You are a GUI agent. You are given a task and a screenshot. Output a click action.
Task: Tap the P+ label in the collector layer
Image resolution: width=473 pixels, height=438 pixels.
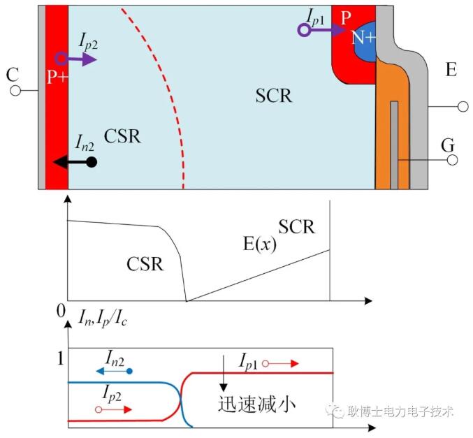(57, 77)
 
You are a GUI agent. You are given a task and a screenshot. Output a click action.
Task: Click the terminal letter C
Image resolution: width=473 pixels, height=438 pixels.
(10, 73)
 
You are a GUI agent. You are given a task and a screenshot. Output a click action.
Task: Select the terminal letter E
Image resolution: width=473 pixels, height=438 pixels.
(451, 69)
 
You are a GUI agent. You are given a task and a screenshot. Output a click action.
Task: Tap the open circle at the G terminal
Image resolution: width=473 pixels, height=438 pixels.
(452, 160)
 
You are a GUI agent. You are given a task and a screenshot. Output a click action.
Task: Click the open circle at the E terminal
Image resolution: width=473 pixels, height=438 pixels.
(461, 107)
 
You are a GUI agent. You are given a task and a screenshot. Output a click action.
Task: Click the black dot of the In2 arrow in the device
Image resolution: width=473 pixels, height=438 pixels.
(91, 162)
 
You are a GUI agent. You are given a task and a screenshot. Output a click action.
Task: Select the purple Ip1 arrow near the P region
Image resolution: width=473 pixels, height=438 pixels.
(323, 30)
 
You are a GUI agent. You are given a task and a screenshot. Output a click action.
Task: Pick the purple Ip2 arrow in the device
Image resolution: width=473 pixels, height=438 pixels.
(78, 59)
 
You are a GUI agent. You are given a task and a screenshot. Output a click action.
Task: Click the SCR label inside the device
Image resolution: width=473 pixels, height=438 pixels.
(273, 95)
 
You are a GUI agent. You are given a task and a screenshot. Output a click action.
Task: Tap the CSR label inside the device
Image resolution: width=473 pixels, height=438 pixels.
(122, 136)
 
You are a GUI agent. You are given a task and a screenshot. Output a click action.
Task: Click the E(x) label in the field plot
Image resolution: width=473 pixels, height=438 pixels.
(258, 244)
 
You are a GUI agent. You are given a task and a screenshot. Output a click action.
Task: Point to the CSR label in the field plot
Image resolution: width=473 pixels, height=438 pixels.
(145, 264)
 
